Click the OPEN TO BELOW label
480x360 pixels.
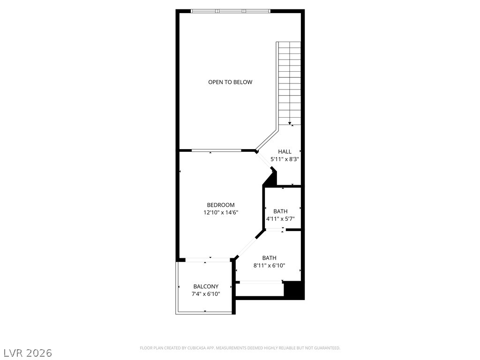click(230, 82)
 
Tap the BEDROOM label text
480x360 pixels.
click(221, 205)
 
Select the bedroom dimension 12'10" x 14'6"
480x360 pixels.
click(221, 212)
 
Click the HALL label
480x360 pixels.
click(285, 151)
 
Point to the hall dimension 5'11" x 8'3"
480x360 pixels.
click(285, 159)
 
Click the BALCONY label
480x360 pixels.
click(206, 286)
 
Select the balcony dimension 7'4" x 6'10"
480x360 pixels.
click(206, 294)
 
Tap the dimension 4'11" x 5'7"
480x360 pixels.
click(280, 219)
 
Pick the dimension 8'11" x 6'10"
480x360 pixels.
click(270, 265)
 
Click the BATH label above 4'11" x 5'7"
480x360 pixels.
click(280, 211)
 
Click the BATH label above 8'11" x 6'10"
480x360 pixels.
click(270, 258)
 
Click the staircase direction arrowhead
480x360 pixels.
click(290, 123)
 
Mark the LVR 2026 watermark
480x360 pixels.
click(26, 353)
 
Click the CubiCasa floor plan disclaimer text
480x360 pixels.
click(240, 348)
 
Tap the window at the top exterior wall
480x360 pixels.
click(231, 11)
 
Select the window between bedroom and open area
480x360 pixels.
click(217, 150)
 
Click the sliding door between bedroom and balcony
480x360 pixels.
click(208, 260)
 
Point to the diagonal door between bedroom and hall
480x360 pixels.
click(264, 160)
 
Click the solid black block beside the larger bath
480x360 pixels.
click(294, 290)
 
